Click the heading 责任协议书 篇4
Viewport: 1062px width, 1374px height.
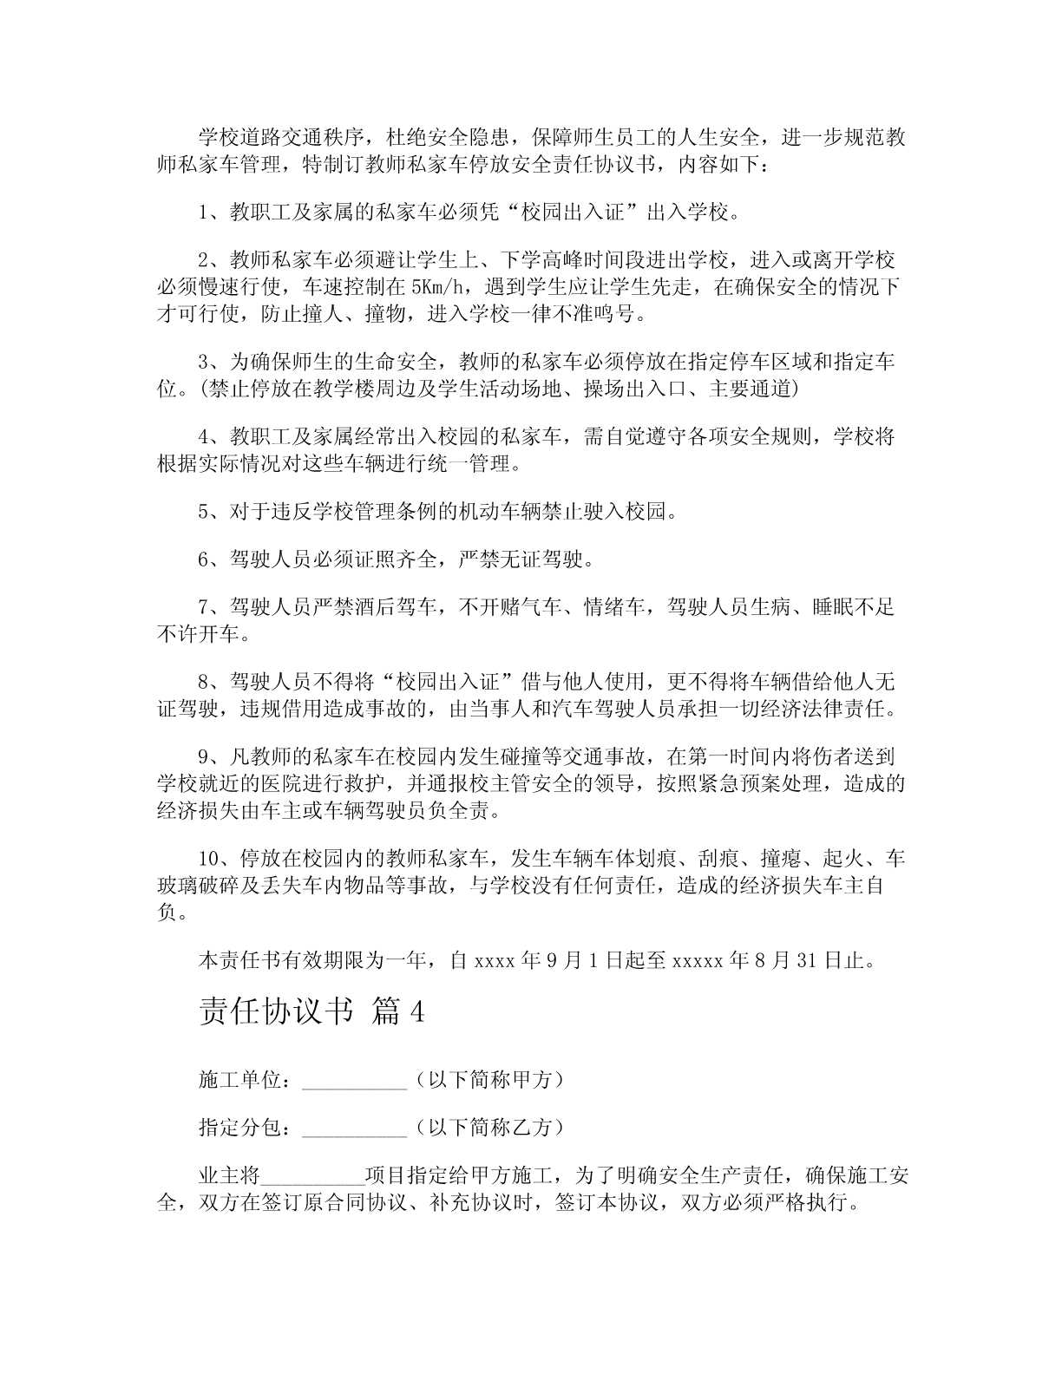pos(311,1011)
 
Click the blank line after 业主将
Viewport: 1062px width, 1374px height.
pos(312,1177)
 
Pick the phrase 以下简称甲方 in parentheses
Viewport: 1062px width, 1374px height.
pos(490,1080)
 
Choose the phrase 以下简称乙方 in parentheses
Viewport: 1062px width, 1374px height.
pos(490,1127)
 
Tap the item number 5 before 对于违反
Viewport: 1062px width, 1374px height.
pos(204,512)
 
